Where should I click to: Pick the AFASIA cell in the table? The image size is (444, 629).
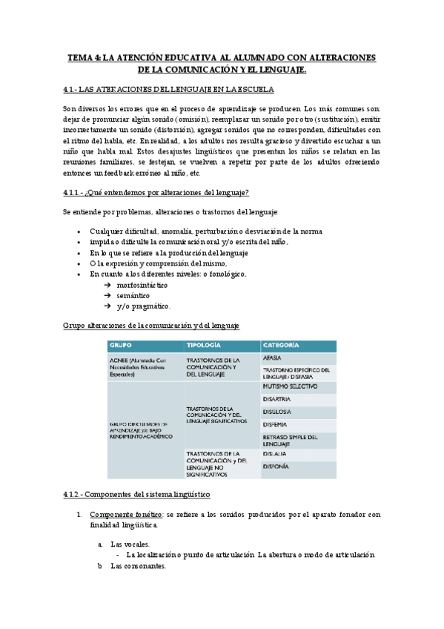(272, 358)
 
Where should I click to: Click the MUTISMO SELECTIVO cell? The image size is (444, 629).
(290, 386)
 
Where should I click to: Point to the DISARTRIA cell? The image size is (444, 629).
(276, 399)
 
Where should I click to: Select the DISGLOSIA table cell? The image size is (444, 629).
(277, 412)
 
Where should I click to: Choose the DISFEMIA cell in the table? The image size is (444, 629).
(276, 424)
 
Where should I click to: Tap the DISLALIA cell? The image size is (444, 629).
(275, 453)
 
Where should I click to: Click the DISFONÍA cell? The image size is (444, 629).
(276, 467)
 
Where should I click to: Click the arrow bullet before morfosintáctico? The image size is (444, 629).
(107, 285)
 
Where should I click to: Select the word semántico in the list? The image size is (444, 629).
(134, 295)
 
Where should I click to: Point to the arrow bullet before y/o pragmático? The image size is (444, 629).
(107, 306)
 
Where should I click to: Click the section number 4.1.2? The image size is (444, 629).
(75, 493)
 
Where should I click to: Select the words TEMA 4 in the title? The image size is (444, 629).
(83, 57)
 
